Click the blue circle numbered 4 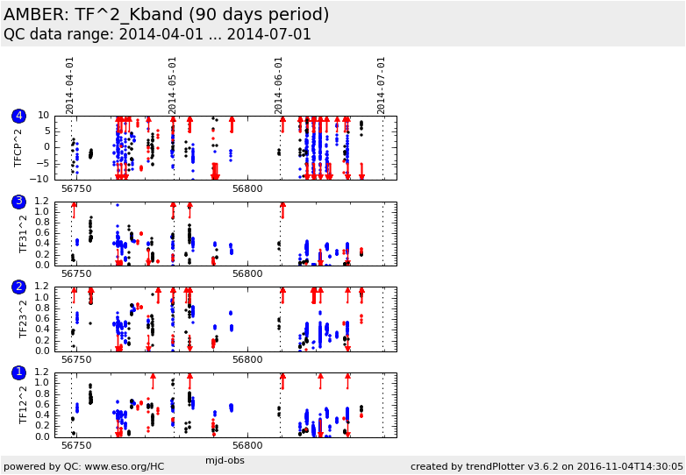coord(18,116)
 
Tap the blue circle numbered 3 coord(18,202)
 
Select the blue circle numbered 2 coord(18,287)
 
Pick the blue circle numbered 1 coord(18,372)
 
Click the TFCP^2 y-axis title coord(18,148)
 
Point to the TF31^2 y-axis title coord(23,234)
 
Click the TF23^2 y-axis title coord(23,319)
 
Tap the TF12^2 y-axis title coord(23,405)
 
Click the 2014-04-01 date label coord(69,86)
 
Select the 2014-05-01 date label coord(172,86)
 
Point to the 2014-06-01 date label coord(279,86)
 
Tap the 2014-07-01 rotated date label coord(381,86)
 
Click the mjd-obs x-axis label coord(225,460)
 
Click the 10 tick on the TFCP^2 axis coord(43,116)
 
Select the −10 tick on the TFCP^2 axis coord(40,179)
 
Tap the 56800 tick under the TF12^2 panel coord(247,446)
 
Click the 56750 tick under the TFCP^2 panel coord(76,188)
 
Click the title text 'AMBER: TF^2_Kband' coord(93,15)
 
